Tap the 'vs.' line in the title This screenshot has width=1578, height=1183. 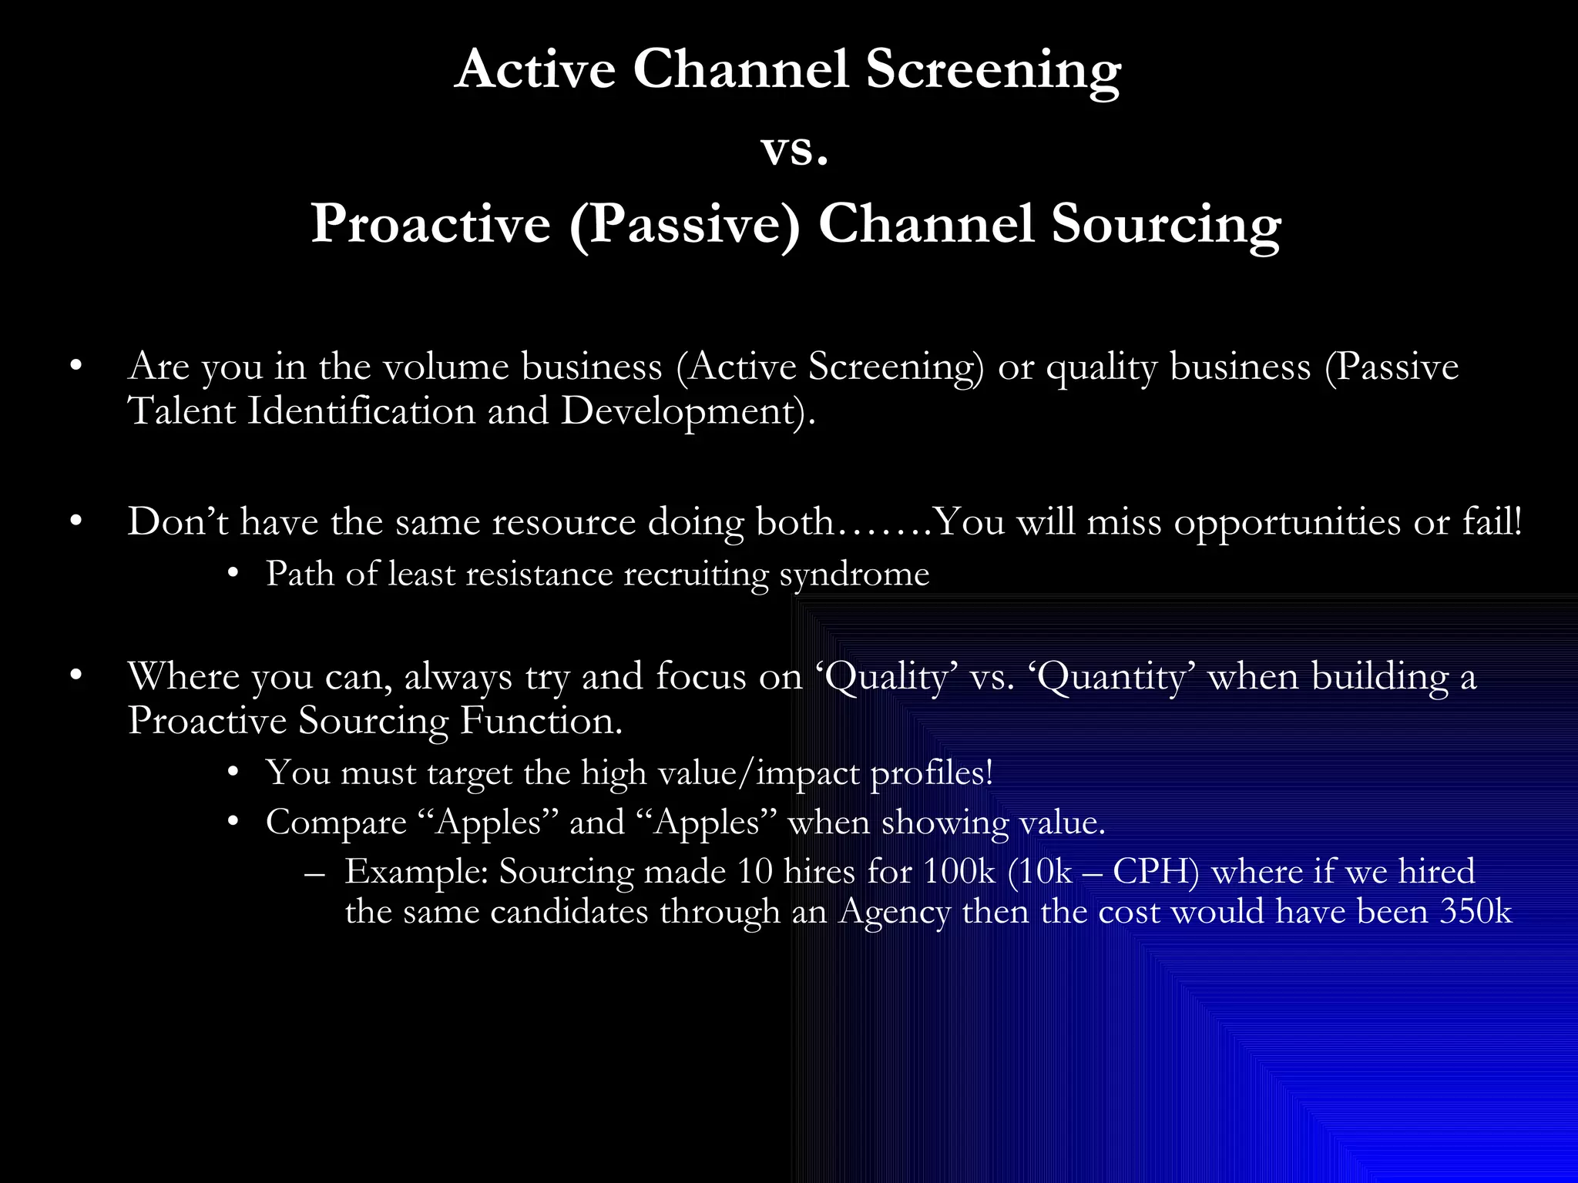[x=794, y=148]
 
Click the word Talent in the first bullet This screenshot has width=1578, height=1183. [x=182, y=411]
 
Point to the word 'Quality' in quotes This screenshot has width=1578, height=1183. [x=886, y=678]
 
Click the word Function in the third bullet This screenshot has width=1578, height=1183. [x=539, y=722]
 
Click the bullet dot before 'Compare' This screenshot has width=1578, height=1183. [x=233, y=823]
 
